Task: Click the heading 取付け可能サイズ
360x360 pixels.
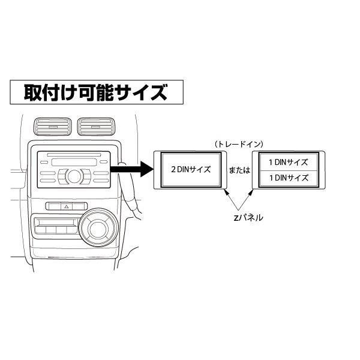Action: [95, 93]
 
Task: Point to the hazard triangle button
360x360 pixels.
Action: [66, 206]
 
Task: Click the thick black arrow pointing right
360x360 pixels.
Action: [133, 169]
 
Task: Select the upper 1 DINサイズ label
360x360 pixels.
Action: [287, 162]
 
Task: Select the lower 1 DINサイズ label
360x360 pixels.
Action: [287, 178]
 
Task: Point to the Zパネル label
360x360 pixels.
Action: [247, 218]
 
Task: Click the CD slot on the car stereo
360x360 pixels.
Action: [72, 161]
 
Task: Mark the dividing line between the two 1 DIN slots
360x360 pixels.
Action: [287, 170]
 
